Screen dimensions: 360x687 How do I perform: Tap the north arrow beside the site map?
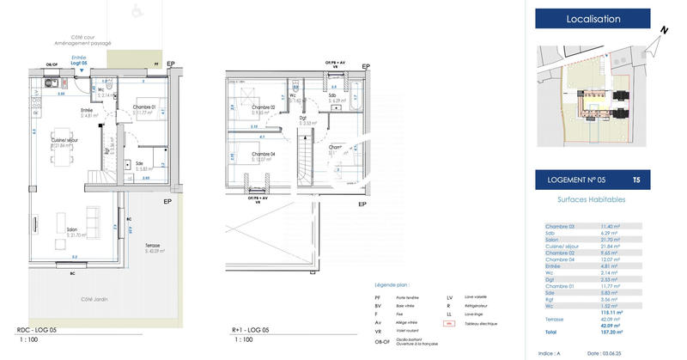(x=662, y=31)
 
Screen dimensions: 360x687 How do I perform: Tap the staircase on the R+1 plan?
(x=307, y=162)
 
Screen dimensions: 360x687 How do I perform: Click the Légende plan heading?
(x=392, y=283)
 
